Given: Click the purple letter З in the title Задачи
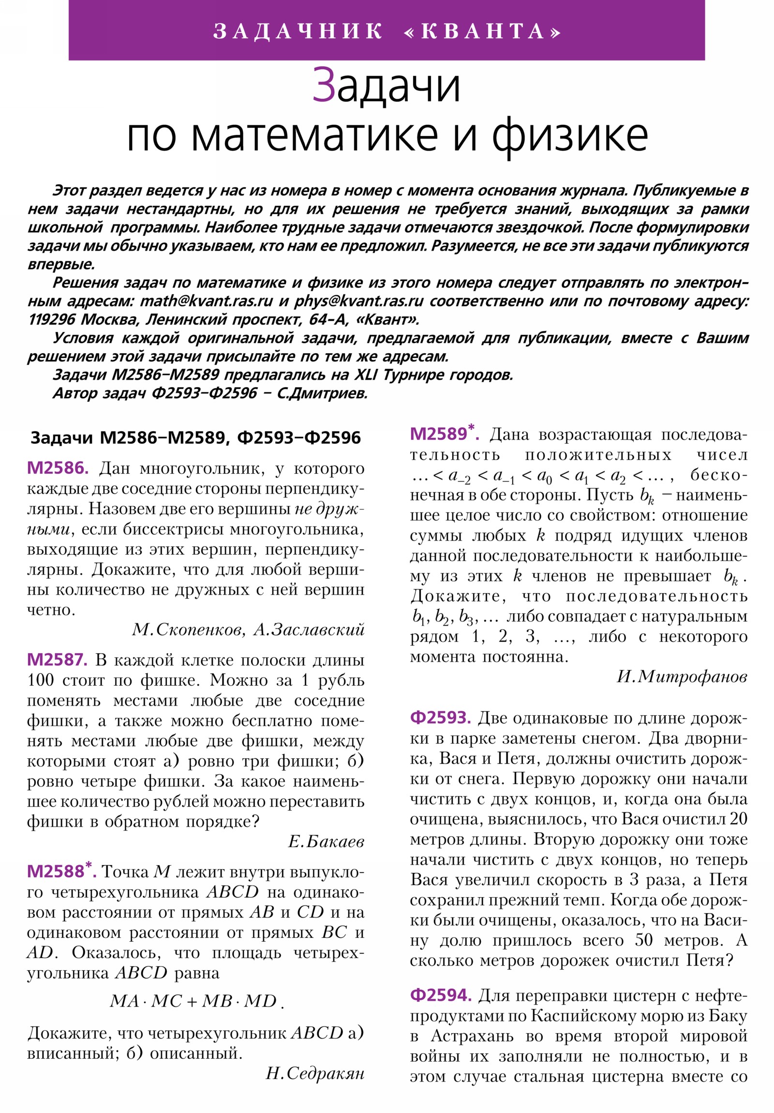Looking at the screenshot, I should coord(323,86).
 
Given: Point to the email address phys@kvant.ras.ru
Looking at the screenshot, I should coord(358,301).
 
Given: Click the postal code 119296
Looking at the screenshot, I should coord(51,319).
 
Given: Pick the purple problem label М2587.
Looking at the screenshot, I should coord(57,660).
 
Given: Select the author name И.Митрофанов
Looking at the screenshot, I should coord(682,676).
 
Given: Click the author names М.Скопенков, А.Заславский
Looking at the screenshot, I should coord(248,630).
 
